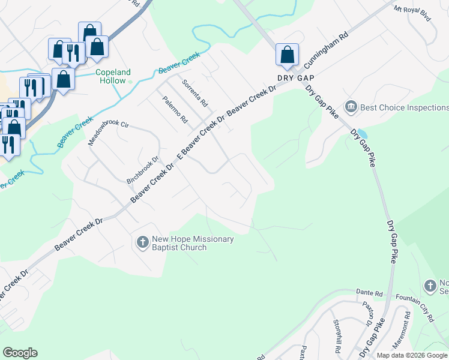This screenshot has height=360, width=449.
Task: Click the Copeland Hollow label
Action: coord(113,76)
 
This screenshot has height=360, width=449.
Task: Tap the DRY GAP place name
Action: coord(296,78)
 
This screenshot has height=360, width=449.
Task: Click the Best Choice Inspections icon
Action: coord(351,107)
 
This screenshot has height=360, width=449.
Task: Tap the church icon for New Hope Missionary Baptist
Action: coord(142,242)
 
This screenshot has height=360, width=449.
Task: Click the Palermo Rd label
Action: coord(175,109)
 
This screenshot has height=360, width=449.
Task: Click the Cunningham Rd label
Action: coord(326,55)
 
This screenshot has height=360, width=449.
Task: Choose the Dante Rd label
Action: coord(370,293)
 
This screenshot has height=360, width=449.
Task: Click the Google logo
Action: coord(20,353)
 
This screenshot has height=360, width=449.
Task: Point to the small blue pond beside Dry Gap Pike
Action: coord(362,134)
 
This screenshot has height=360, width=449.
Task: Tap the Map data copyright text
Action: coord(412,355)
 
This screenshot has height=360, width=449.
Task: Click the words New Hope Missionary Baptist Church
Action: coord(192,243)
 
